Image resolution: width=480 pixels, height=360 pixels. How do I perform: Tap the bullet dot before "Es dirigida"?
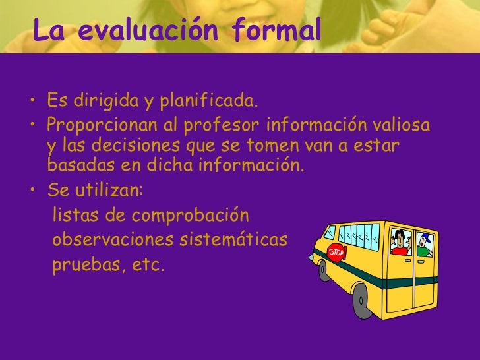[32, 103]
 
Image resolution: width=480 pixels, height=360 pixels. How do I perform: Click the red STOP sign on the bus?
[336, 253]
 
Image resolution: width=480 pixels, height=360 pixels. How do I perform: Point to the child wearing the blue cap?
[423, 243]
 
